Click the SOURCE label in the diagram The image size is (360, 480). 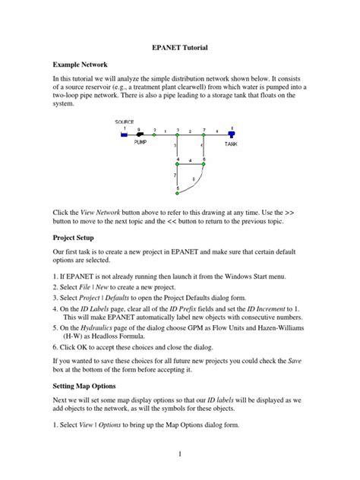[125, 122]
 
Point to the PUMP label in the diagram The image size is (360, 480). [141, 142]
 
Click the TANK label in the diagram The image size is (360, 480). [231, 142]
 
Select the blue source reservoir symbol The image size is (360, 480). [125, 134]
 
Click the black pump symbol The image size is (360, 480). [141, 134]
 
